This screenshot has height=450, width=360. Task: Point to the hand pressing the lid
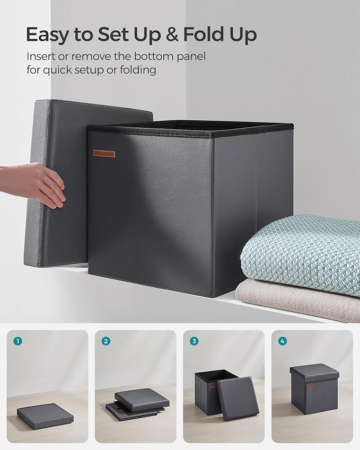pyautogui.click(x=37, y=183)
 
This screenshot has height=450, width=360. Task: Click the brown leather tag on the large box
pyautogui.click(x=104, y=153)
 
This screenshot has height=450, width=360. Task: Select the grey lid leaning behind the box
pyautogui.click(x=58, y=180)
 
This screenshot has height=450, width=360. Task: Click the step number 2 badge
pyautogui.click(x=106, y=341)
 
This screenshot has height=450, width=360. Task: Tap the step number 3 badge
pyautogui.click(x=194, y=341)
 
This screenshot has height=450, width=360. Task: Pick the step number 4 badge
pyautogui.click(x=282, y=341)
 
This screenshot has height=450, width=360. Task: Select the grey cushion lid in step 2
pyautogui.click(x=142, y=400)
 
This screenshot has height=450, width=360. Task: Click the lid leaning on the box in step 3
pyautogui.click(x=238, y=398)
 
